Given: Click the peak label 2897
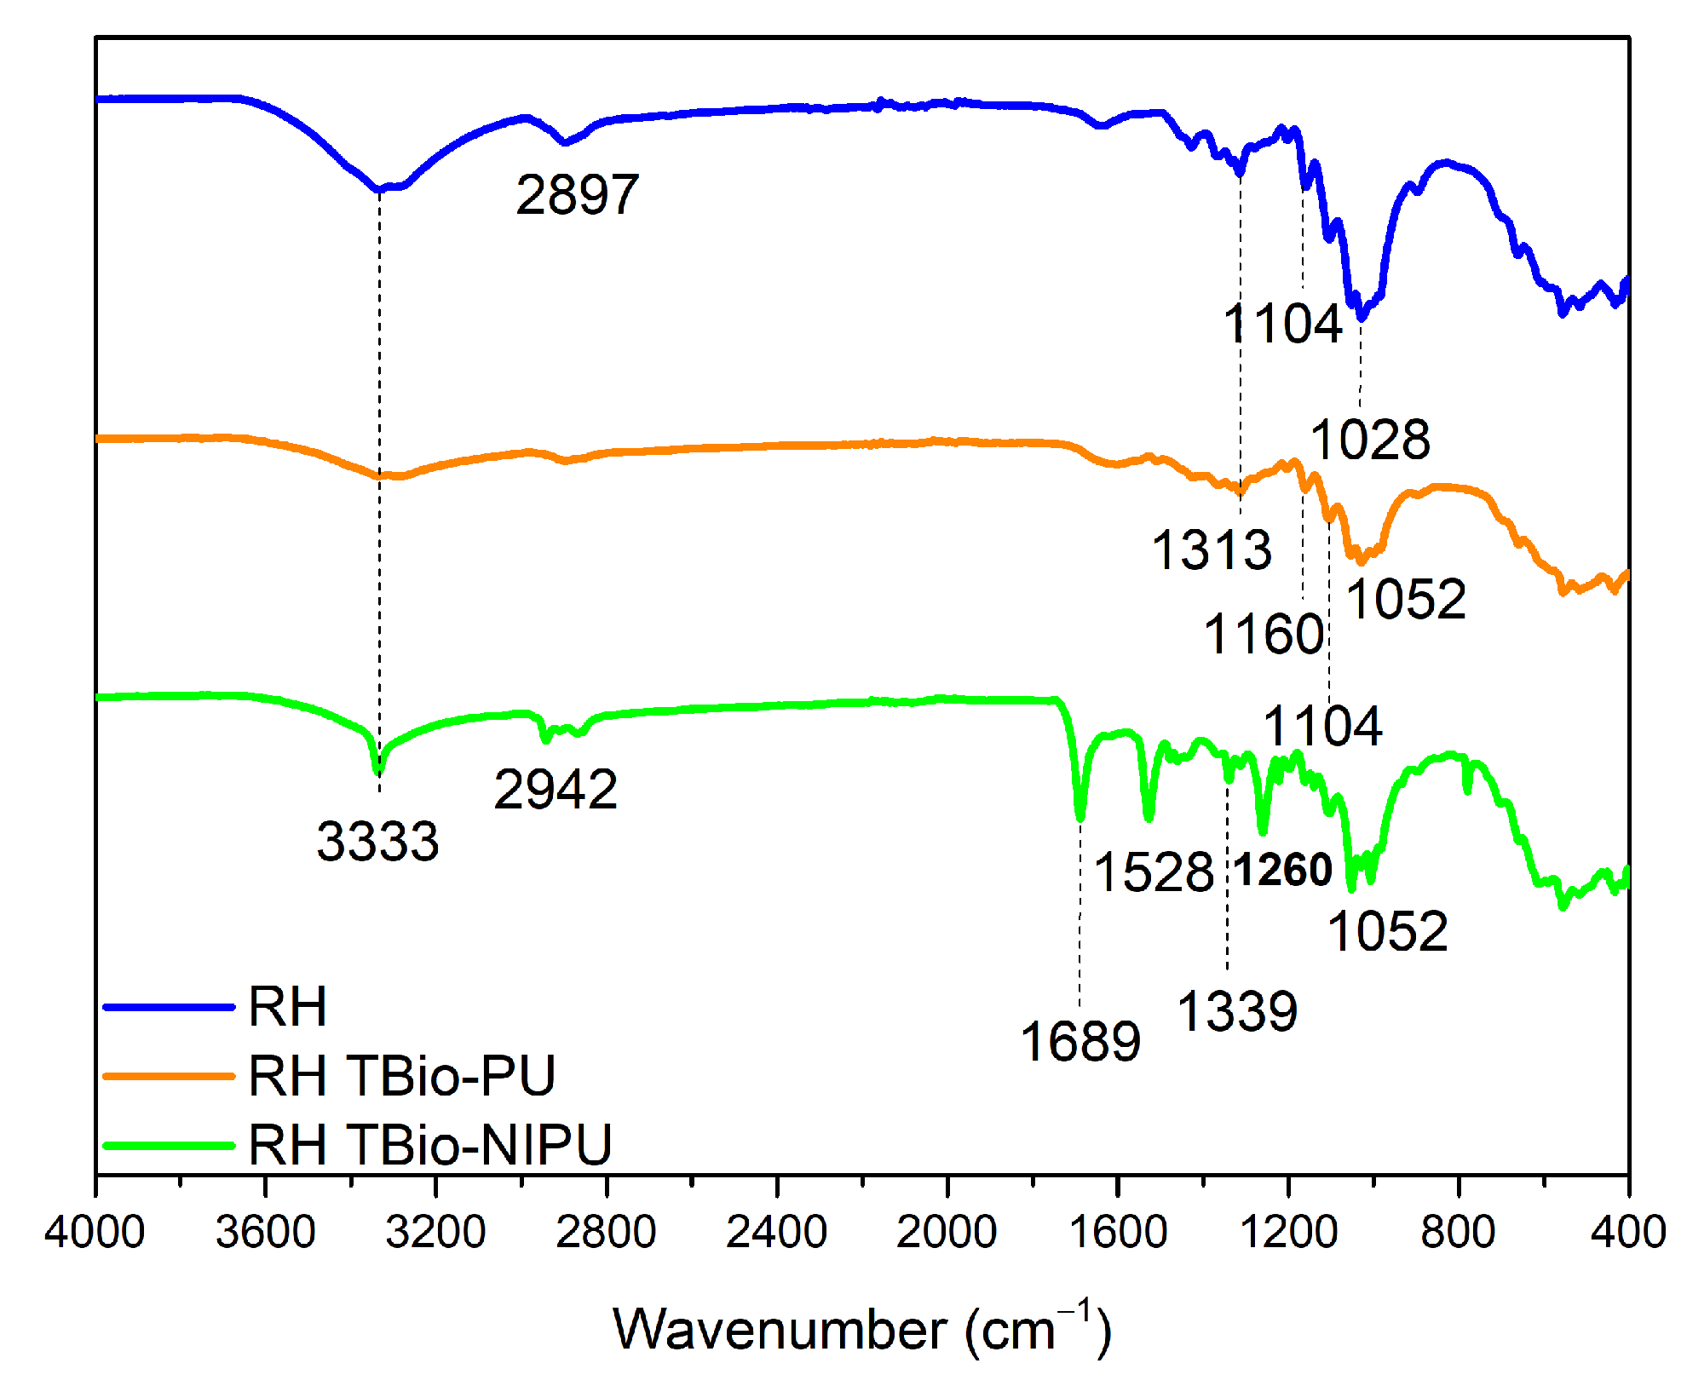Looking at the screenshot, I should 577,194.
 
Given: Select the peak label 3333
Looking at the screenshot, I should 377,841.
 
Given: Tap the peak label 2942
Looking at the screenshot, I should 556,789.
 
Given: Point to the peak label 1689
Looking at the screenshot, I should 1080,1041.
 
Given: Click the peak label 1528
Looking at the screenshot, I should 1154,872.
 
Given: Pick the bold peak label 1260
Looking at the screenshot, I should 1283,870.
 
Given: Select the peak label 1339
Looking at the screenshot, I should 1237,1011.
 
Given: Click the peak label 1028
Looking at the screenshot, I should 1370,440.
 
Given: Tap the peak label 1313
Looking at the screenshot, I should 1212,549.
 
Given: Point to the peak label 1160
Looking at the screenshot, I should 1264,635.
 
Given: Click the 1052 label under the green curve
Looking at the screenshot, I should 1388,930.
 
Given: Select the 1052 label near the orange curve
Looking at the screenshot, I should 1407,599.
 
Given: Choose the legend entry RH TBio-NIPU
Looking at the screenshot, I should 430,1144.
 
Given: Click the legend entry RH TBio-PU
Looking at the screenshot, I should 402,1076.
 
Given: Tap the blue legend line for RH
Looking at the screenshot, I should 168,1007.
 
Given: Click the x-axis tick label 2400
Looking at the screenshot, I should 776,1233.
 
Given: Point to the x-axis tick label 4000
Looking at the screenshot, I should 95,1233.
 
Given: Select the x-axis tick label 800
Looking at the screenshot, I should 1458,1233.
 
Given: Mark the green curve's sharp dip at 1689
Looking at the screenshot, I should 1080,818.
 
